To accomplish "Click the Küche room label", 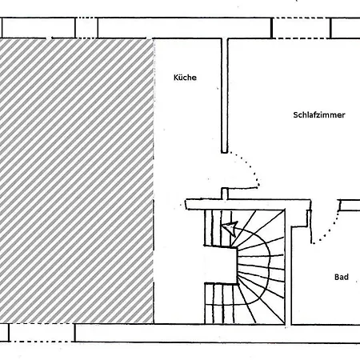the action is pos(185,78).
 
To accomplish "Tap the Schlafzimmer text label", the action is pos(319,115).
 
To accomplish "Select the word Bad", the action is pos(342,277).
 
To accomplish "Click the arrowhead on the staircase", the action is pos(230,228).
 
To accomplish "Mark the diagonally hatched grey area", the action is pos(77,181).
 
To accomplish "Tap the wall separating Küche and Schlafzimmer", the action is pos(225,95).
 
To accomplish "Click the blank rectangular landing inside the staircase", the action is pos(221,265).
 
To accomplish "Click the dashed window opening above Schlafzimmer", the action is pos(302,28).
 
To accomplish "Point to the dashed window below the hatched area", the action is pos(42,333).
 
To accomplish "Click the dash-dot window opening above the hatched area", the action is pos(86,28).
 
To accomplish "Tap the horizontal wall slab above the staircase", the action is pos(248,204).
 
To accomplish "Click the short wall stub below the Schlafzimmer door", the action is pos(225,194).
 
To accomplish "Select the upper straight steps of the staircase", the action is pos(218,228).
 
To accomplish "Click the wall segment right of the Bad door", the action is pos(350,205).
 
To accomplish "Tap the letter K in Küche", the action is pos(176,78).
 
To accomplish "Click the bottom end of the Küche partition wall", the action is pos(225,153).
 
